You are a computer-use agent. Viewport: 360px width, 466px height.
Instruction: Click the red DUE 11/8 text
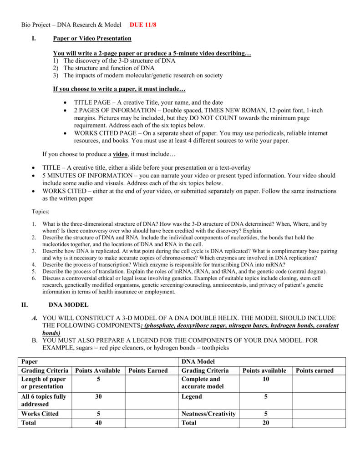coord(143,24)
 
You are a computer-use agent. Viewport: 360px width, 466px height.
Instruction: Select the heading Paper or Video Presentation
coord(92,38)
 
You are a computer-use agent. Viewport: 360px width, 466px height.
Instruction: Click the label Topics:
coord(41,212)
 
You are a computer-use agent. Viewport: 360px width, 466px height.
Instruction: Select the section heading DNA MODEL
coord(68,305)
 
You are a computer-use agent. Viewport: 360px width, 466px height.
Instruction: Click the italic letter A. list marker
coord(35,318)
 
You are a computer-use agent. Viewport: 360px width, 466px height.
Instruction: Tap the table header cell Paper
coord(30,361)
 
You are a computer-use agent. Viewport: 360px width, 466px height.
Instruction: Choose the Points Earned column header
coord(148,370)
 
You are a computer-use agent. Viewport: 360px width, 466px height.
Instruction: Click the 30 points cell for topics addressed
coord(98,397)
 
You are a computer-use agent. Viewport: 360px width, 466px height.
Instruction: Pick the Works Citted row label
coord(40,414)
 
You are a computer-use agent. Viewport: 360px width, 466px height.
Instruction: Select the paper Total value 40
coord(98,423)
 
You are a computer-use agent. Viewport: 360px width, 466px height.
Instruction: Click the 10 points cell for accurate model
coord(266,379)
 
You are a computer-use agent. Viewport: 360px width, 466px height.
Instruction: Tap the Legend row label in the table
coord(192,397)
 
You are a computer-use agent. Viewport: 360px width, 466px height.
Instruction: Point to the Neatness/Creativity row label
coord(208,414)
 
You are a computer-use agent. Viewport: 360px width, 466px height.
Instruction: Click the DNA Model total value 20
coord(266,423)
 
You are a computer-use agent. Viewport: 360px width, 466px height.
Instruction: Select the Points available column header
coord(264,370)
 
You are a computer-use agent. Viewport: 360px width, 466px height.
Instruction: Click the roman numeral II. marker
coord(25,305)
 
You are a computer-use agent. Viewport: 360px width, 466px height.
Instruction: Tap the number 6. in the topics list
coord(34,278)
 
